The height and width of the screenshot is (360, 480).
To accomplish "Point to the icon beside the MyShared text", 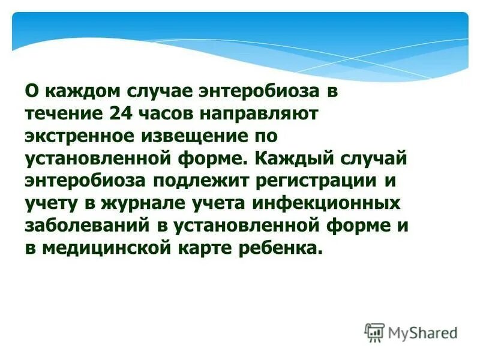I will pos(374,332).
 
